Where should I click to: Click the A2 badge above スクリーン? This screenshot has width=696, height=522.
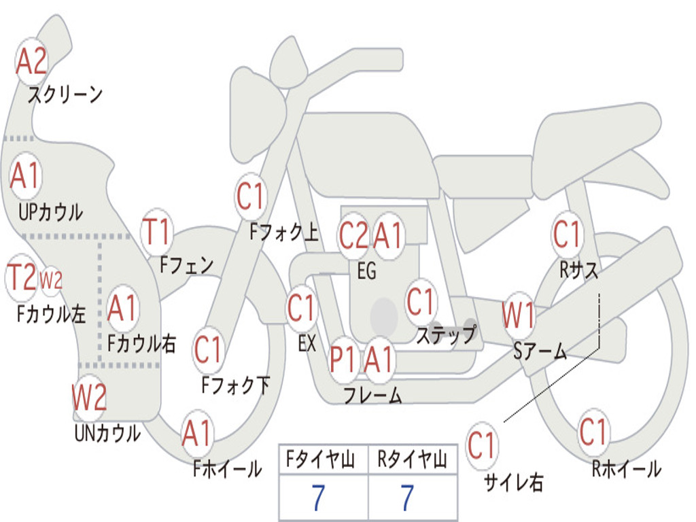[31, 61]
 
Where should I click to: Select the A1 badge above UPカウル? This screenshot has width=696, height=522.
[26, 176]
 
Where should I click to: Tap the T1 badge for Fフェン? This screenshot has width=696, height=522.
[157, 232]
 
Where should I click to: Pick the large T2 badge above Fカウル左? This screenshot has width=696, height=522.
[21, 277]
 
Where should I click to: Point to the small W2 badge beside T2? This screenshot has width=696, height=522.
[51, 279]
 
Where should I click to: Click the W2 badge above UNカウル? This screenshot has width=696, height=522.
[90, 398]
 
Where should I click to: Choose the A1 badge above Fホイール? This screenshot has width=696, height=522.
[197, 433]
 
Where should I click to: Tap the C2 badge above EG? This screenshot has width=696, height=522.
[353, 236]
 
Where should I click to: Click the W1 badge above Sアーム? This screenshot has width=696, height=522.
[518, 316]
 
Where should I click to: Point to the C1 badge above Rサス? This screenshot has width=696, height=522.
[567, 234]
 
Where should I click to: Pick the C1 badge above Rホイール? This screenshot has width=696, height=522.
[593, 431]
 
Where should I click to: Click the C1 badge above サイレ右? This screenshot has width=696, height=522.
[482, 447]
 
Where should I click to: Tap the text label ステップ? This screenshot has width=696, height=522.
[446, 334]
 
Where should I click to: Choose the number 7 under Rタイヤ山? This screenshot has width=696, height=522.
[406, 499]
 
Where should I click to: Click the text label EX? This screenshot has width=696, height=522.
[307, 343]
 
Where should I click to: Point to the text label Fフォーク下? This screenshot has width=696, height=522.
[235, 385]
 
